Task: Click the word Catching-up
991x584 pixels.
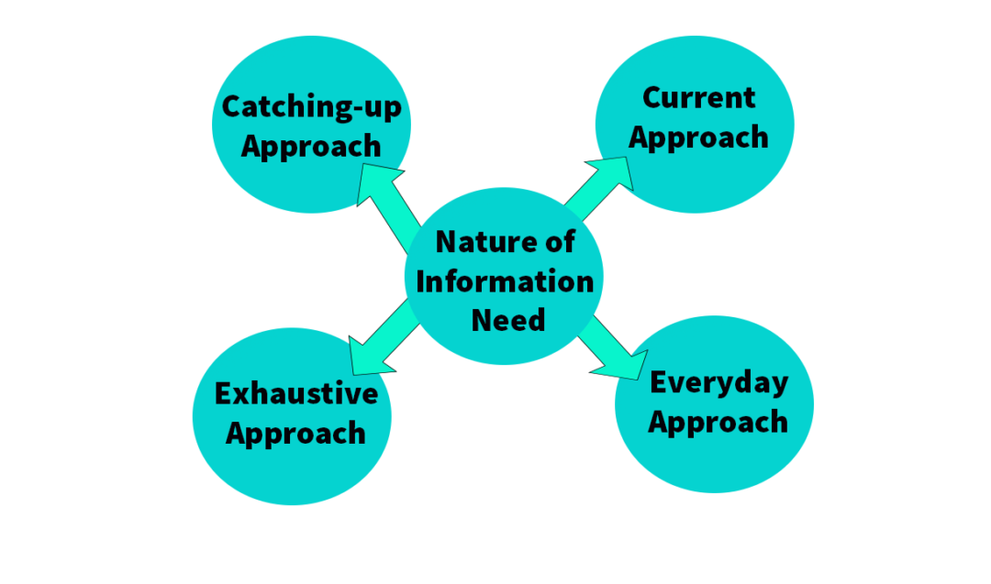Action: (x=311, y=107)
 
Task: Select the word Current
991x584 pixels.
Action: (x=698, y=97)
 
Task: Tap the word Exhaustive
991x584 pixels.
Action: (x=295, y=393)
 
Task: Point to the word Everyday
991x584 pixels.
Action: (x=718, y=382)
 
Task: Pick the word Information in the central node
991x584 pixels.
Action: (x=505, y=281)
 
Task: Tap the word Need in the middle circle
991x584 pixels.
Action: (x=507, y=320)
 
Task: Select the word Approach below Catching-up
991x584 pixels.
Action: (x=311, y=147)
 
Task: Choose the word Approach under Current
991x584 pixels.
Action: (x=698, y=138)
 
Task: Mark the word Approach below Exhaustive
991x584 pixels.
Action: (x=295, y=433)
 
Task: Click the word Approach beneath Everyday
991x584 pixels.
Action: (x=718, y=422)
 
